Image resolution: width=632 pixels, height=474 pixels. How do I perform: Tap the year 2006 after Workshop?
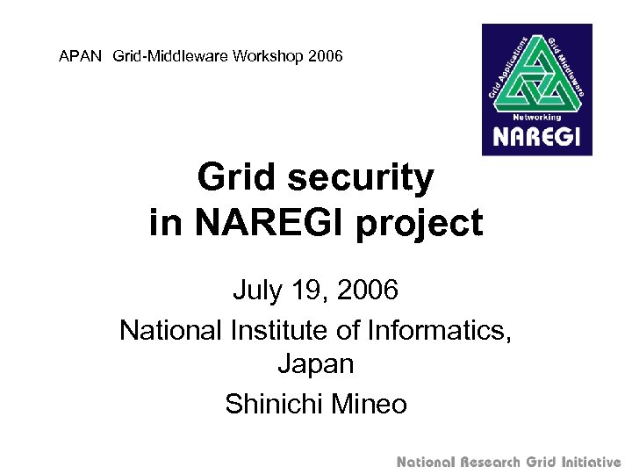coord(325,57)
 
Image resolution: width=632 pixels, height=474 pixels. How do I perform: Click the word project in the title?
coord(420,223)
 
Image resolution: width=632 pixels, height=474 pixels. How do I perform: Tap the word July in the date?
coord(255,289)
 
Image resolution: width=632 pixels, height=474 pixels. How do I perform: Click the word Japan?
coord(316,363)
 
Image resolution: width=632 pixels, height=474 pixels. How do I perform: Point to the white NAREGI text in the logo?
coord(536,137)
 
